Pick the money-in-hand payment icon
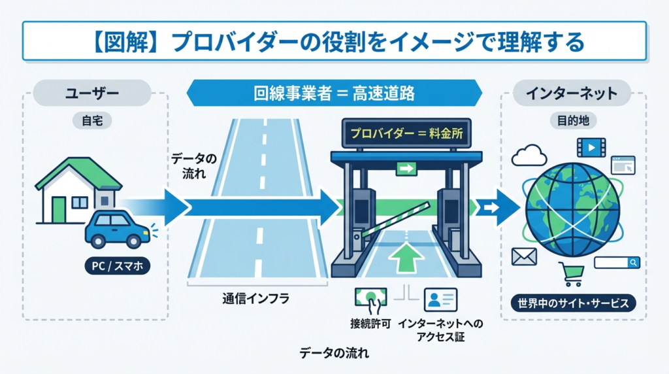[370, 299]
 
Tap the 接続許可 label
[370, 324]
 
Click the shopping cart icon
[570, 274]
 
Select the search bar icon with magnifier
[617, 262]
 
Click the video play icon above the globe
[591, 147]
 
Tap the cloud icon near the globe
[529, 156]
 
